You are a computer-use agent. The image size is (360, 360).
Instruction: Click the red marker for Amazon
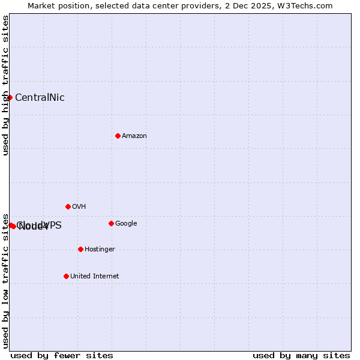point(118,136)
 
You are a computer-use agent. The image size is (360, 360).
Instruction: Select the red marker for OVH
point(68,206)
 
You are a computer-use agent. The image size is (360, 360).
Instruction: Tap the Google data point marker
point(111,223)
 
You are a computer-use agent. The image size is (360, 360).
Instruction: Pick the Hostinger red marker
point(80,249)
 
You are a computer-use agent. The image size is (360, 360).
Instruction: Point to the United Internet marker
point(66,276)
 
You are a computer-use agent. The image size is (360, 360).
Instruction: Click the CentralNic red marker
point(10,97)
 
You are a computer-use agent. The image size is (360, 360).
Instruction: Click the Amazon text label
point(134,136)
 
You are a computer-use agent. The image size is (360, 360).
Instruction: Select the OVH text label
point(79,207)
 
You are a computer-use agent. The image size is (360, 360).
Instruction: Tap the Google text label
point(126,224)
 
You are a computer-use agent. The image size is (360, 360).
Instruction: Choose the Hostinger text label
point(100,250)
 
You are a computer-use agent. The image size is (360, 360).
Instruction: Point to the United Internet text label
point(94,277)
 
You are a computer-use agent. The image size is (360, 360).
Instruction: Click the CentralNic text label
point(40,98)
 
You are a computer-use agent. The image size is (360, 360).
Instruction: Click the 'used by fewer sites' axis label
point(62,356)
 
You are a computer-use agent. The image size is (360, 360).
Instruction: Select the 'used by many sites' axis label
point(301,356)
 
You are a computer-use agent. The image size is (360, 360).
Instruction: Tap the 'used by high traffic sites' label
point(5,85)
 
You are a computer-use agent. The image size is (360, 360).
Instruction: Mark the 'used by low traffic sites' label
point(5,281)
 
